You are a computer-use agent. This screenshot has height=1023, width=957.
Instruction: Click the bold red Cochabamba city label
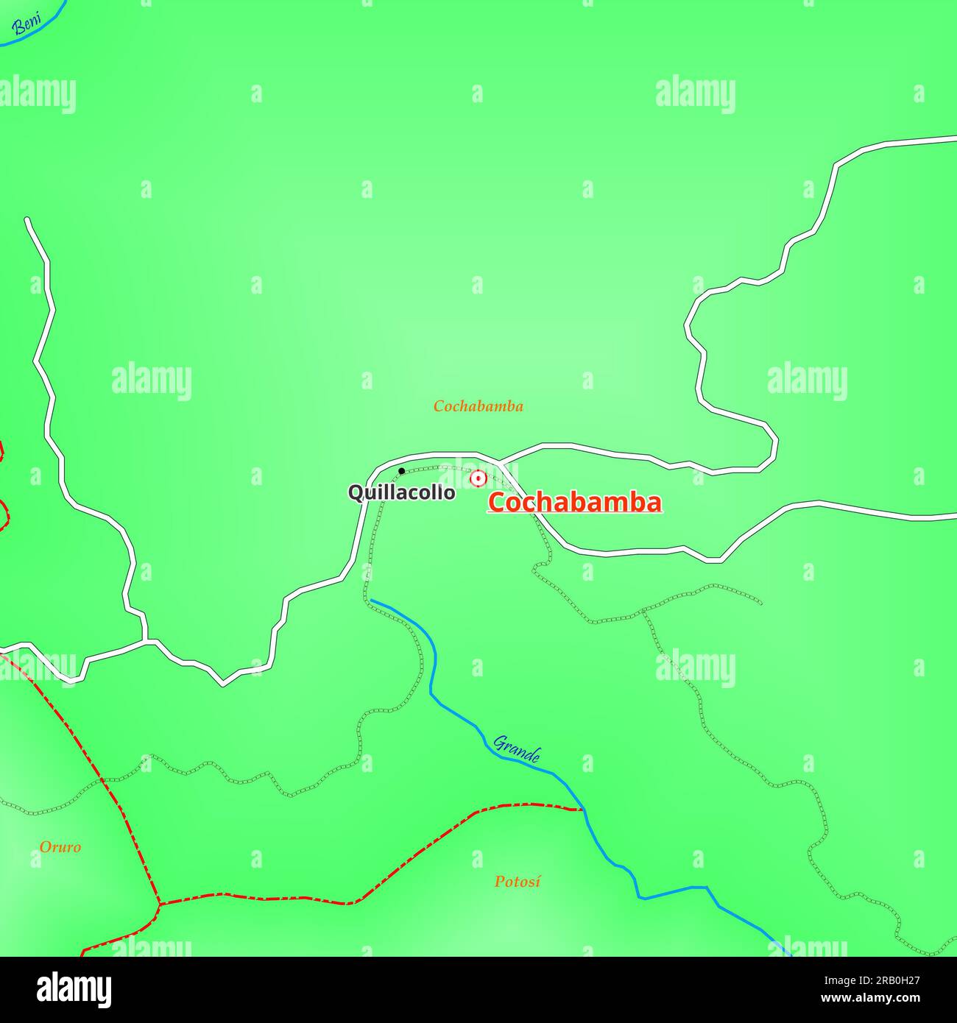pos(574,503)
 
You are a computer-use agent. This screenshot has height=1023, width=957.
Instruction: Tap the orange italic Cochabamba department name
pos(478,406)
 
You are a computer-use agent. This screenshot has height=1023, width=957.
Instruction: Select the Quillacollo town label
pos(401,492)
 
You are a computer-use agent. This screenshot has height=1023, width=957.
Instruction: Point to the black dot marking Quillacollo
pos(401,471)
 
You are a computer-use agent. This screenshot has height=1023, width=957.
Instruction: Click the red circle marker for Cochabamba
pos(478,478)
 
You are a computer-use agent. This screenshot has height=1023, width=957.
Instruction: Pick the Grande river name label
pos(517,748)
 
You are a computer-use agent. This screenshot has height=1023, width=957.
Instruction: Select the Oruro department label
pos(60,847)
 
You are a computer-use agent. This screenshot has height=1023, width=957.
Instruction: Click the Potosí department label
pos(517,881)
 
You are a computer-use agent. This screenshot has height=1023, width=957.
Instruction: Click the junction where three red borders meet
pos(159,903)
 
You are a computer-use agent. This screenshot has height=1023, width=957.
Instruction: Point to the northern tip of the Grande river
pos(371,601)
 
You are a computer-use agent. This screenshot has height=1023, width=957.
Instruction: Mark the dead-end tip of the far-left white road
pos(27,219)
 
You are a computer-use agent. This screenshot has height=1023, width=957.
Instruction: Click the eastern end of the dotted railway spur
pos(760,603)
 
